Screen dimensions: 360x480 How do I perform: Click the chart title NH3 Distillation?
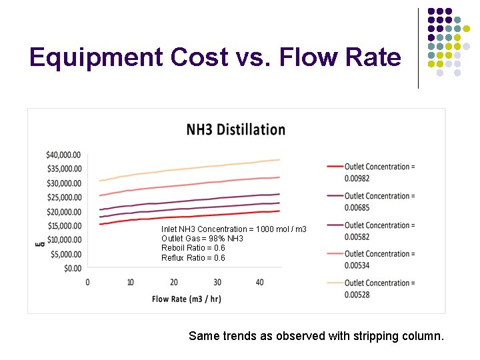tap(235, 129)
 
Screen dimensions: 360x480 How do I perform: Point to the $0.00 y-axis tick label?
tap(73, 268)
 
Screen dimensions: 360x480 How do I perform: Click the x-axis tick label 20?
tap(173, 282)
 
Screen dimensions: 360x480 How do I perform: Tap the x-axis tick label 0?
tap(87, 282)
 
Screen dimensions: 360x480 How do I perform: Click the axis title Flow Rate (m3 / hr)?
tap(186, 299)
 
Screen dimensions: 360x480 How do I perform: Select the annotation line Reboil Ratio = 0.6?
tap(193, 248)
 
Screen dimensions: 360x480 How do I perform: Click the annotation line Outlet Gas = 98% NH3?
tap(202, 239)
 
